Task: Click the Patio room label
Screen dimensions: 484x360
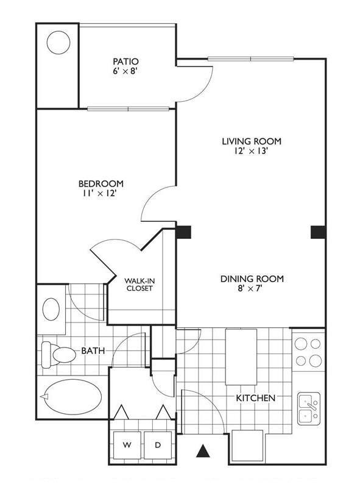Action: pos(126,62)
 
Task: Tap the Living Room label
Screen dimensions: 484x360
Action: pos(251,141)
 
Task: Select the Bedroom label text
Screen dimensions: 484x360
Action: pos(101,183)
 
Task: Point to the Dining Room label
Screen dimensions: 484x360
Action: pos(252,279)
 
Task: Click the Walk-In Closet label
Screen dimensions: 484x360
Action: pos(139,284)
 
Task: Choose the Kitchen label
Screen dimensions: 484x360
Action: pos(256,397)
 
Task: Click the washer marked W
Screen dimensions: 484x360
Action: pos(127,446)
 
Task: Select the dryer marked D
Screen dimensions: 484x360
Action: pos(157,446)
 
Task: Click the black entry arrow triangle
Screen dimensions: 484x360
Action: pos(203,452)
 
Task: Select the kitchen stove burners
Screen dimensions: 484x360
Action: pos(308,352)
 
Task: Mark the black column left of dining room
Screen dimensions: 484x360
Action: pos(183,232)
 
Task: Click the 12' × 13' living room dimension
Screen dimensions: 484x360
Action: pos(251,152)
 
